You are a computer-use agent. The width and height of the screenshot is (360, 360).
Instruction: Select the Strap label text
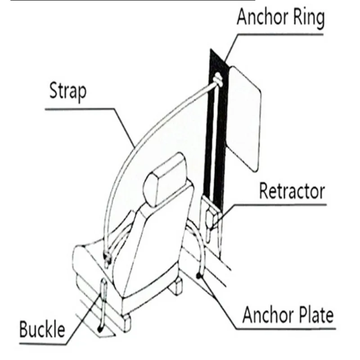click(x=68, y=91)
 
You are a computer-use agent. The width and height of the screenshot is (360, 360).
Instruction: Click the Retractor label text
click(x=292, y=191)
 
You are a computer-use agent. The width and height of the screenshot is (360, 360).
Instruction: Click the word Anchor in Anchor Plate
click(x=268, y=315)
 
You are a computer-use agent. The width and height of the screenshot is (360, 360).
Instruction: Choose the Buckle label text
click(x=42, y=329)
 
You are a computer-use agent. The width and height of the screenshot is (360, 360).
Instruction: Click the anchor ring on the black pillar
click(x=218, y=80)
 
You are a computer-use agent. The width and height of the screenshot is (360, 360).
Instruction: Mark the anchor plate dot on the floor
click(x=199, y=275)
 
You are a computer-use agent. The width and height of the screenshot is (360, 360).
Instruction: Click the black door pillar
click(x=216, y=129)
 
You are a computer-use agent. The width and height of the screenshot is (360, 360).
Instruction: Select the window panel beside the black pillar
click(x=243, y=119)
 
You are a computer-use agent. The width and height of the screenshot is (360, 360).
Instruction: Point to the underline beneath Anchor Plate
click(x=286, y=329)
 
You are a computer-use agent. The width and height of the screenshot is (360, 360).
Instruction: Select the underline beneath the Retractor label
click(x=280, y=204)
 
